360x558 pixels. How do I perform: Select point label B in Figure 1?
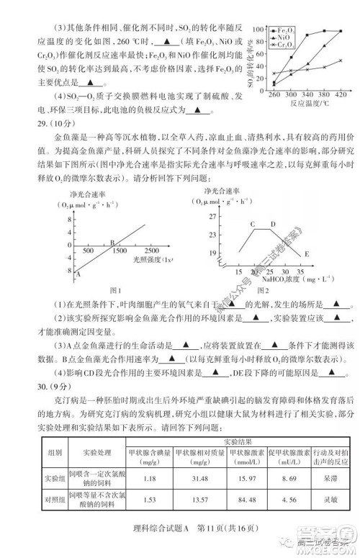click(112, 243)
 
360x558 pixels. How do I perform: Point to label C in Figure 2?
click(253, 224)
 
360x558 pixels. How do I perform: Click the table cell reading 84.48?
click(248, 504)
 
